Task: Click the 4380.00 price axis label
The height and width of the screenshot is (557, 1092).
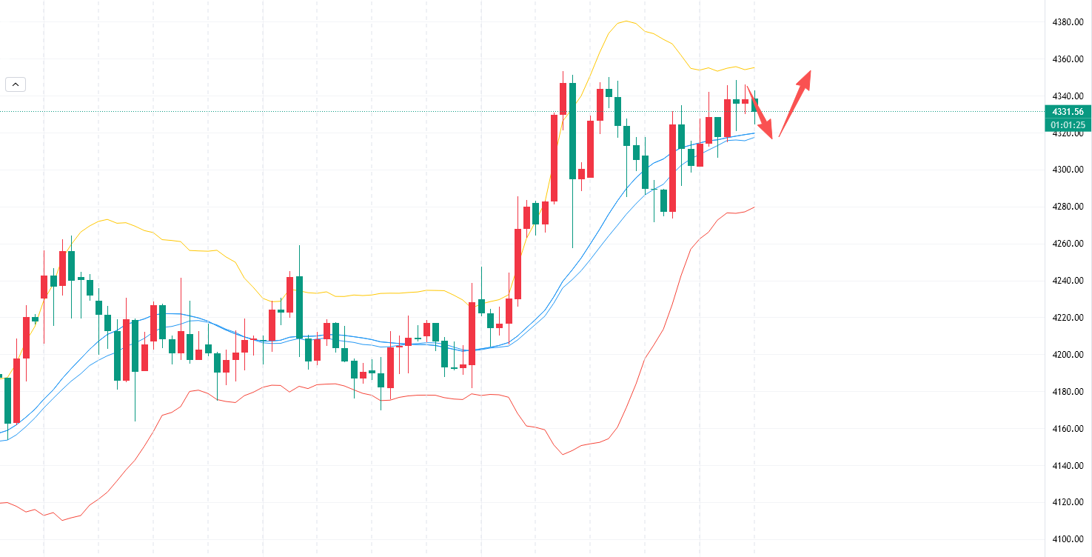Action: point(1068,22)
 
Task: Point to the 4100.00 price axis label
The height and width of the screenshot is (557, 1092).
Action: point(1068,539)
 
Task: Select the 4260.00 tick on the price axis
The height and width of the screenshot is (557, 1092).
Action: point(1068,244)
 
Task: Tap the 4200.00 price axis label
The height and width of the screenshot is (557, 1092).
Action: point(1068,355)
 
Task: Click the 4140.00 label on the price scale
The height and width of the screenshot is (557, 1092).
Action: point(1068,466)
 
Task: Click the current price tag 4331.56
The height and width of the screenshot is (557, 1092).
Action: point(1067,112)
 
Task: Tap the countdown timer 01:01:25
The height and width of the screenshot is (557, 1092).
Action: point(1067,125)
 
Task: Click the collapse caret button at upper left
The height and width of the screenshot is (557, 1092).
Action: point(16,84)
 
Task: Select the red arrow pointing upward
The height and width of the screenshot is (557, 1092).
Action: point(795,103)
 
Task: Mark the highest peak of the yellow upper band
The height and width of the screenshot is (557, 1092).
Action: point(626,21)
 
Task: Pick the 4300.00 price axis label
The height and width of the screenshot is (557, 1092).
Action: point(1068,170)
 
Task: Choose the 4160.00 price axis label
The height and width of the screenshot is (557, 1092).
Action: point(1068,429)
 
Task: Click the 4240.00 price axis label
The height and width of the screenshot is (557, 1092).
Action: point(1068,281)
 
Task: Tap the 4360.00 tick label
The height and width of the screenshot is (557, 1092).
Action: point(1068,59)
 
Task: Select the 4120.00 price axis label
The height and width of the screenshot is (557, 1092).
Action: point(1068,502)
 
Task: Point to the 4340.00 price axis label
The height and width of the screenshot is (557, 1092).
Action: point(1068,96)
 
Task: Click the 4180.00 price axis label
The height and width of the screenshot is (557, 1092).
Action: point(1068,392)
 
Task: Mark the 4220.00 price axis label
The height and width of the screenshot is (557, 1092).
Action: point(1068,318)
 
